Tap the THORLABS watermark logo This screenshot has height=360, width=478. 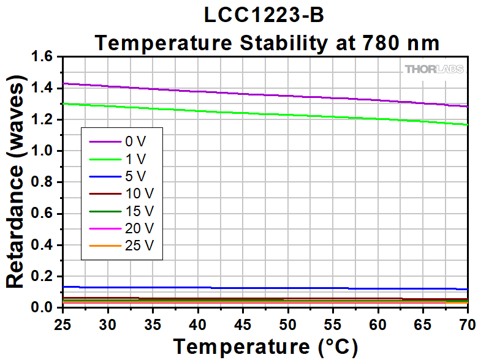coord(434,69)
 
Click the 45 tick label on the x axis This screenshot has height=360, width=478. coord(243,322)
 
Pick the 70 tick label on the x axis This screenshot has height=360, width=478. coord(466,322)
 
